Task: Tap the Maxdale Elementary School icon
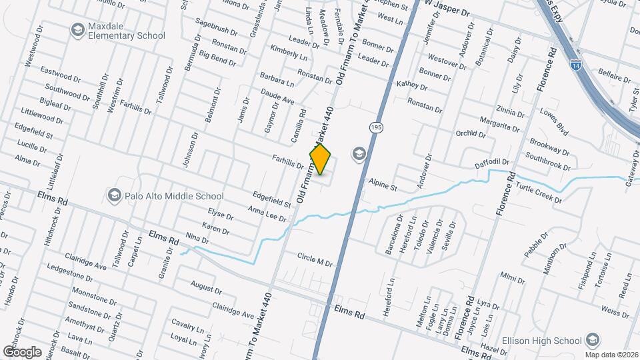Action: tap(77, 29)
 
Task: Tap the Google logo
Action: tap(22, 351)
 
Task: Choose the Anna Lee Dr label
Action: tap(267, 213)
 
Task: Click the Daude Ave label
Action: tap(278, 97)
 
